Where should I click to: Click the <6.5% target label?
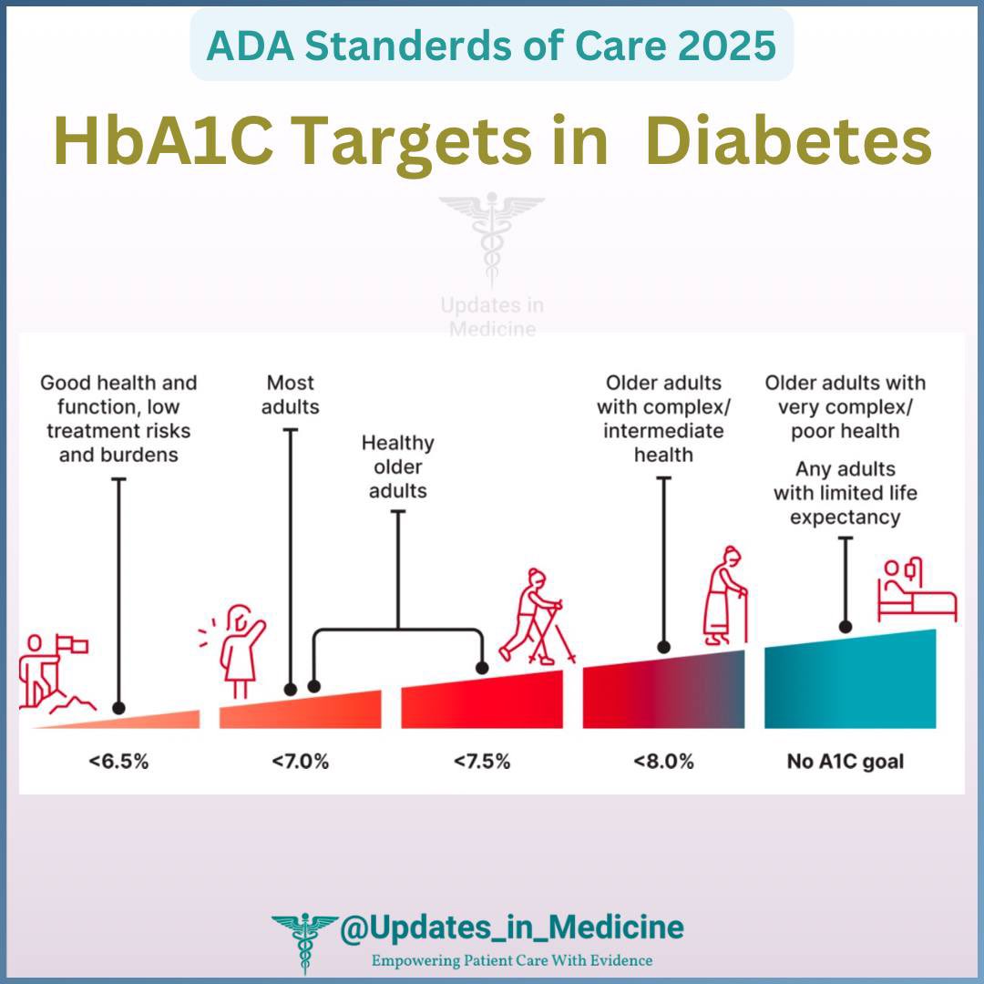click(118, 761)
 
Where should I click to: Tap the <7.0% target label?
click(299, 761)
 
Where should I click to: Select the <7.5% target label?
click(481, 761)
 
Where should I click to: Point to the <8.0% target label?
click(664, 761)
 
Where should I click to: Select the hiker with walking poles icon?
click(533, 615)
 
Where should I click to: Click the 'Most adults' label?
click(291, 394)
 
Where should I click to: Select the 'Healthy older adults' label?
click(398, 466)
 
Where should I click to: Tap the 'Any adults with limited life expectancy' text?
click(846, 494)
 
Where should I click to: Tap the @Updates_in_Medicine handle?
click(510, 928)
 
